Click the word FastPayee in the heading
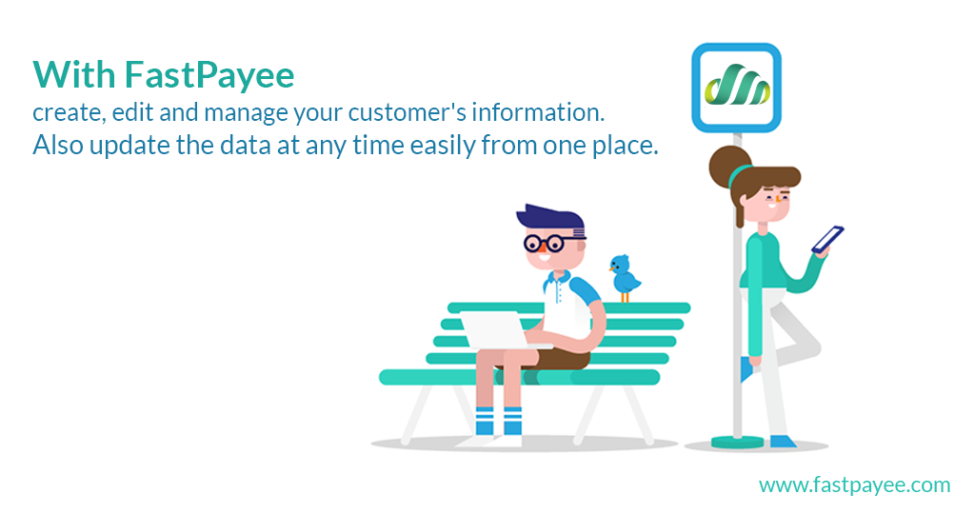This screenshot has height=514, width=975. [209, 76]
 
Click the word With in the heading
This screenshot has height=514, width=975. [74, 74]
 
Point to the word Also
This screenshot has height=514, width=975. [58, 146]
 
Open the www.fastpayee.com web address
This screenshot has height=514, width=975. [854, 484]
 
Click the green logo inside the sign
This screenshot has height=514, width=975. [737, 85]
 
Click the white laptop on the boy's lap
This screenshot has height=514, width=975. [495, 330]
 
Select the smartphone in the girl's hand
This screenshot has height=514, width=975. [827, 239]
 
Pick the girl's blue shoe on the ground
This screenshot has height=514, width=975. [783, 442]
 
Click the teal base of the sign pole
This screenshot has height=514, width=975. [737, 442]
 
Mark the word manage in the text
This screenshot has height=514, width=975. [247, 113]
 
